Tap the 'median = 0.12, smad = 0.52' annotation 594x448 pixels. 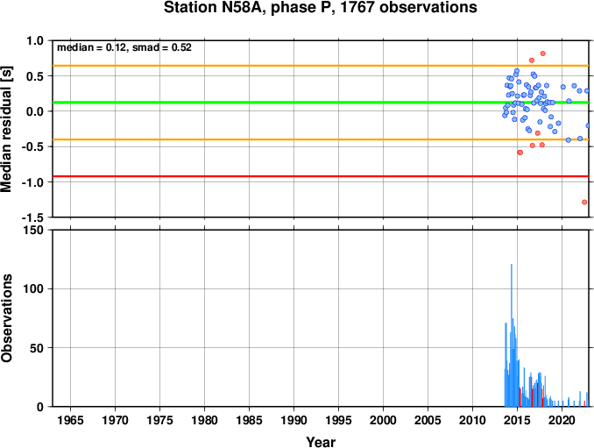point(124,47)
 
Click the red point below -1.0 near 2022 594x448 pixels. point(584,202)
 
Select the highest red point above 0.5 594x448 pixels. point(543,53)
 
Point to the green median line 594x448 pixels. point(321,103)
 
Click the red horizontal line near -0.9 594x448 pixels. point(321,176)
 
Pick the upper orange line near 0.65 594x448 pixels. point(321,66)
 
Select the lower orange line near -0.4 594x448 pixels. point(321,139)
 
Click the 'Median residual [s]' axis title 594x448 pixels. point(7,129)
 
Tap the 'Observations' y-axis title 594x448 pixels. point(7,318)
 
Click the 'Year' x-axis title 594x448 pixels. point(321,442)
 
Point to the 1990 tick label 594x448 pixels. point(293,420)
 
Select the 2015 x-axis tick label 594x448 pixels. point(517,420)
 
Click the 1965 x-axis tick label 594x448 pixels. point(70,420)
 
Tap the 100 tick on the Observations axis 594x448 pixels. point(33,288)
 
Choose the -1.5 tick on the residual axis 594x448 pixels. point(32,217)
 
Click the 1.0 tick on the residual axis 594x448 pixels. point(35,40)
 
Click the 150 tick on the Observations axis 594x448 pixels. point(33,230)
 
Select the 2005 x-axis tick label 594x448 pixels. point(428,420)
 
